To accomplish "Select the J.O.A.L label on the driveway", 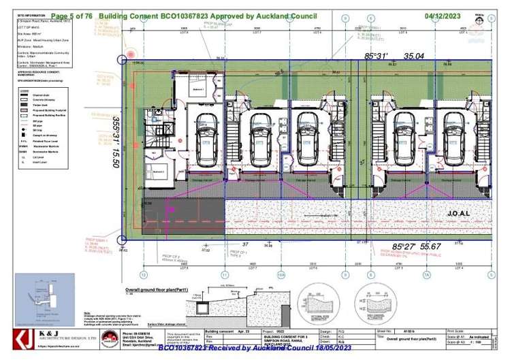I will coord(459,213).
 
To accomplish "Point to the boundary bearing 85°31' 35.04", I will coord(404,56).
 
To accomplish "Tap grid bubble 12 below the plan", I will coord(143,275).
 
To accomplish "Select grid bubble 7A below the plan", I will coord(427,275).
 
